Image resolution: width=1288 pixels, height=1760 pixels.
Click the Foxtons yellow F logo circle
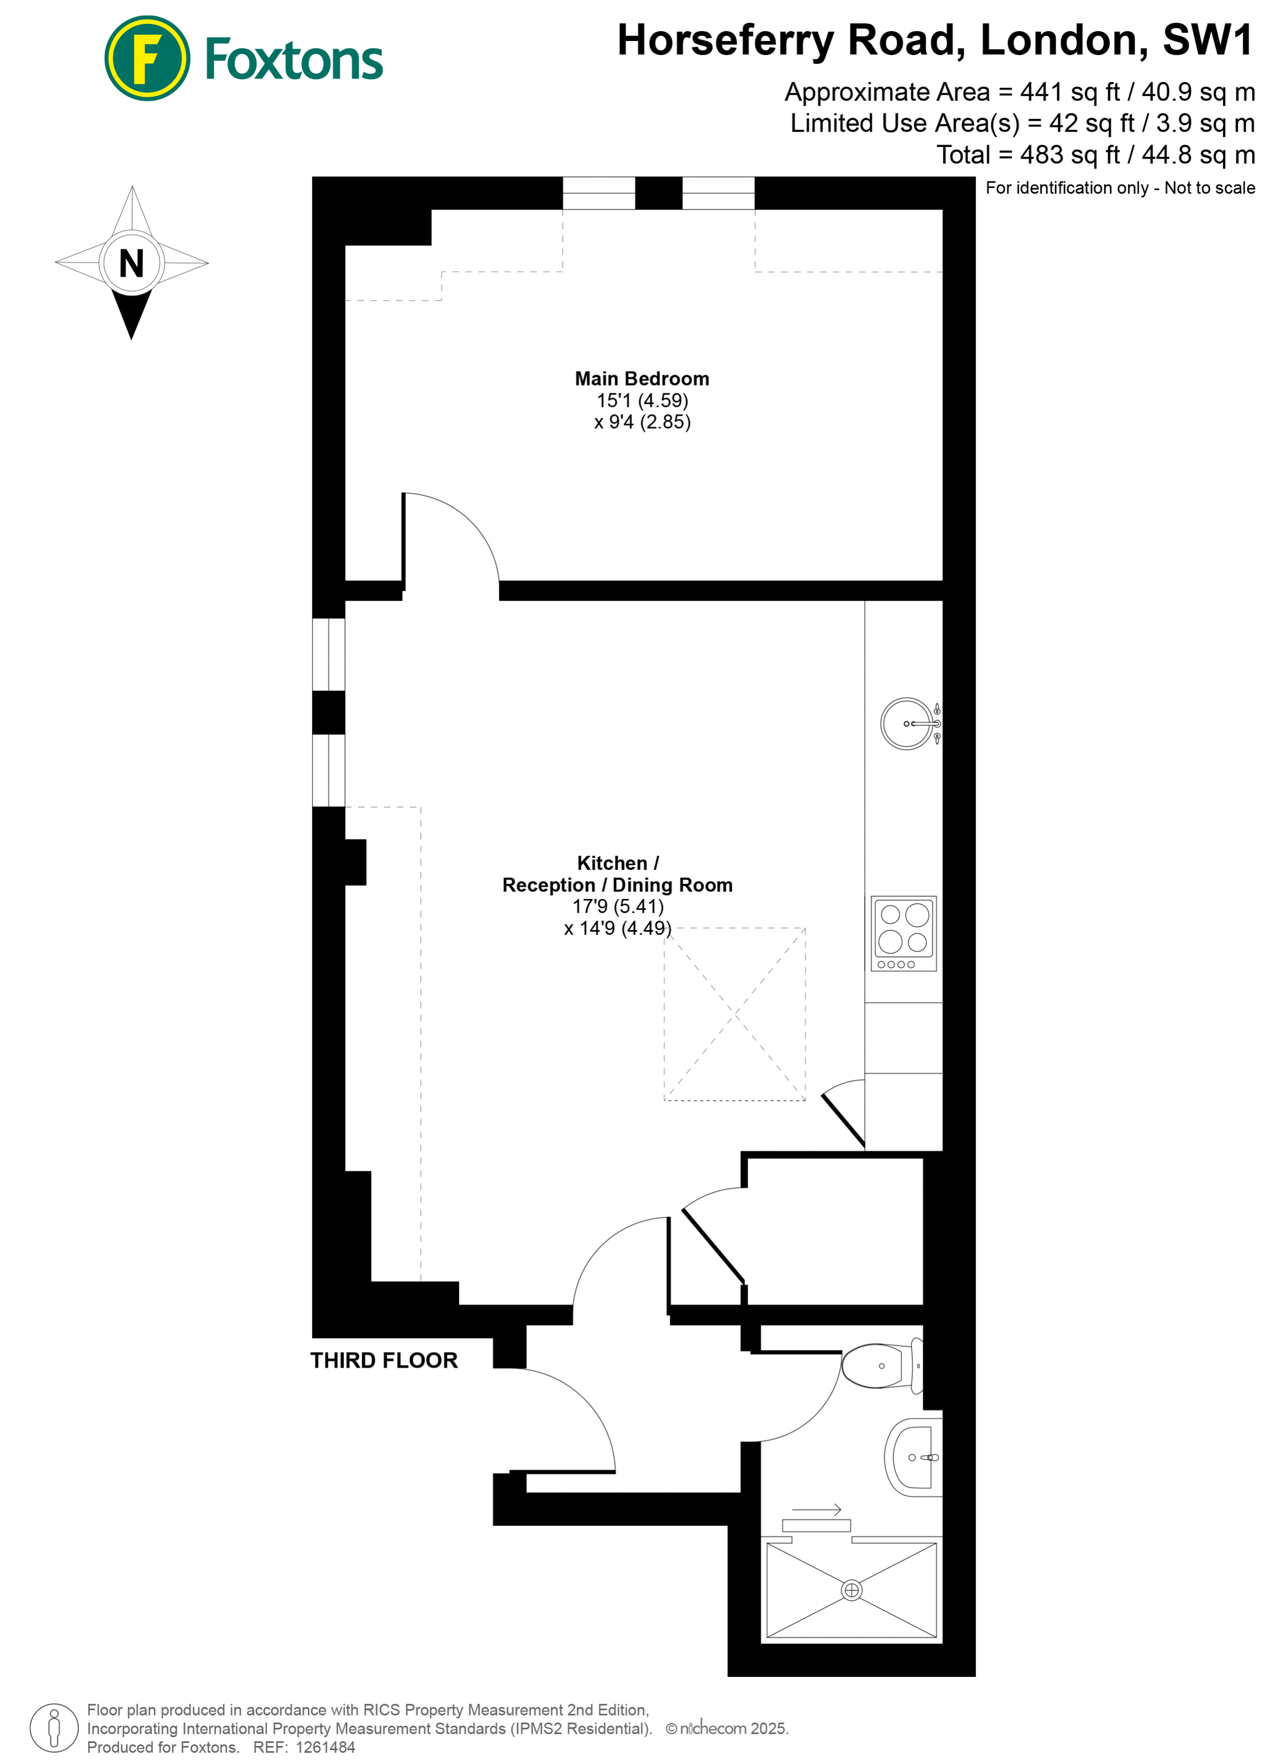tap(146, 59)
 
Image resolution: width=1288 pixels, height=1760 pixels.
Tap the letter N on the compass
tap(131, 263)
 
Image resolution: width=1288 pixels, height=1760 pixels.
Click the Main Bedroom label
tap(642, 379)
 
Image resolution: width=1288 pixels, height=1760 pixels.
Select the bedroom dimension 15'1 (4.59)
tap(642, 400)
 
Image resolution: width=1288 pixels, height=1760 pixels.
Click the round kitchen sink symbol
tap(907, 723)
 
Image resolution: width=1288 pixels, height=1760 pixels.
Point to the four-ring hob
tap(903, 933)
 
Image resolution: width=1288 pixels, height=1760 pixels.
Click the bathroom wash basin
tap(913, 1457)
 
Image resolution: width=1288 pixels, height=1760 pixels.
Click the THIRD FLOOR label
tap(383, 1361)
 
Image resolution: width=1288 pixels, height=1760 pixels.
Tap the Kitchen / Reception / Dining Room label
tap(618, 874)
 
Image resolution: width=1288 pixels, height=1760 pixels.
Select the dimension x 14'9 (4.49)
tap(618, 928)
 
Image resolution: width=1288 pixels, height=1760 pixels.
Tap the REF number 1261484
tap(325, 1747)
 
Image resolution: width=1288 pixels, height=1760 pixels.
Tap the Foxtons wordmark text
tap(293, 60)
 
